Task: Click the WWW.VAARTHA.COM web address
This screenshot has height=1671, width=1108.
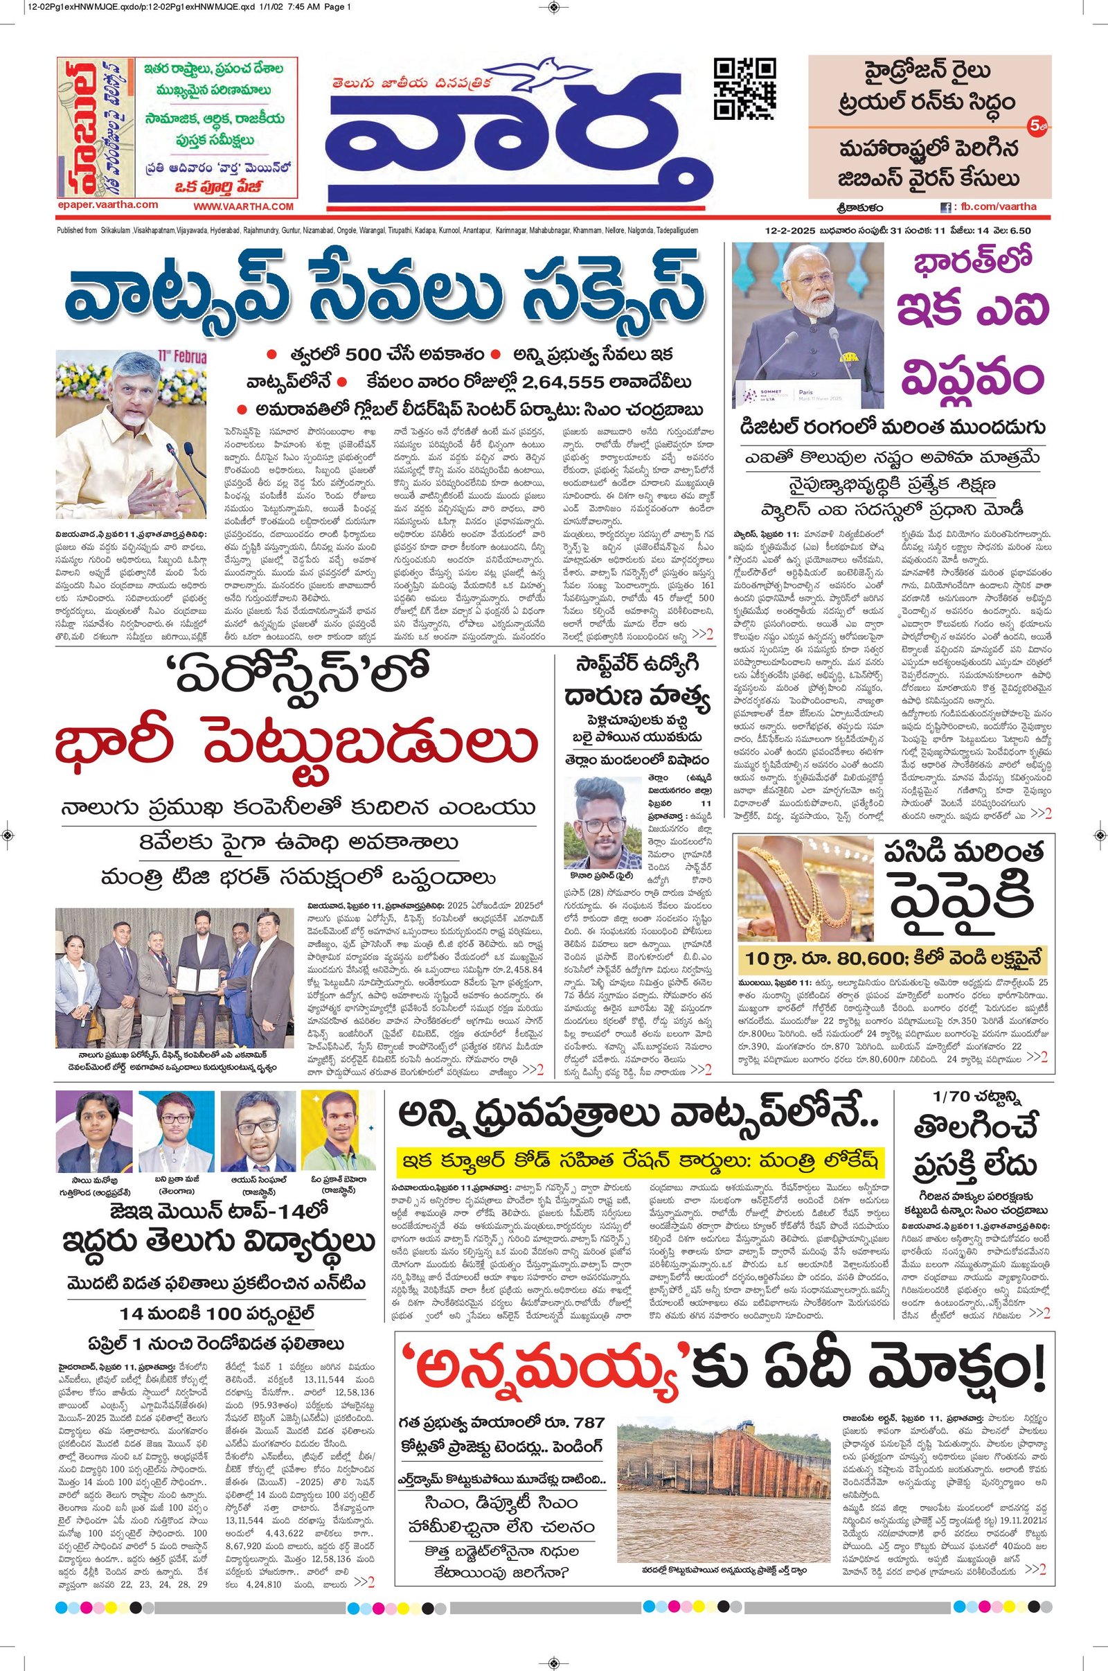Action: tap(243, 206)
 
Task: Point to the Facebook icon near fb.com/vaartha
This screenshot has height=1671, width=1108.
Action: tap(945, 207)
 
